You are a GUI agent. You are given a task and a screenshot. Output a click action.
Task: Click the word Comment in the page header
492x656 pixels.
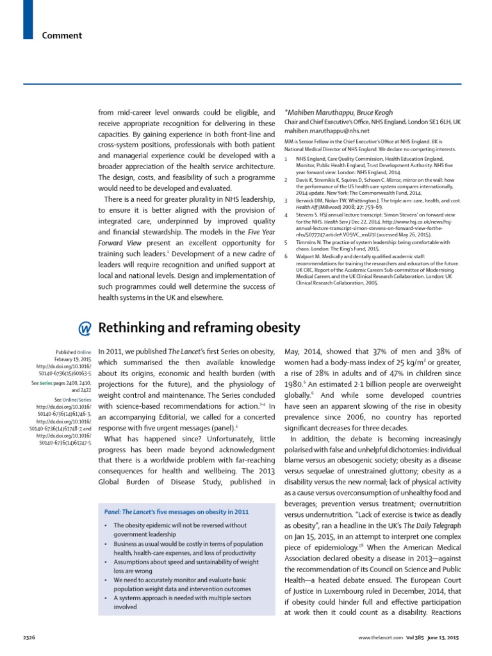(62, 35)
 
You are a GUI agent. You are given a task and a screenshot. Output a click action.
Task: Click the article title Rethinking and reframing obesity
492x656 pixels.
(199, 327)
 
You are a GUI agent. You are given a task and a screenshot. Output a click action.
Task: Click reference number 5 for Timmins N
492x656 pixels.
(286, 261)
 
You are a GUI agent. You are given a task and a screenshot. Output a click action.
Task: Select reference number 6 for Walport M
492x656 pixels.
(286, 274)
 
